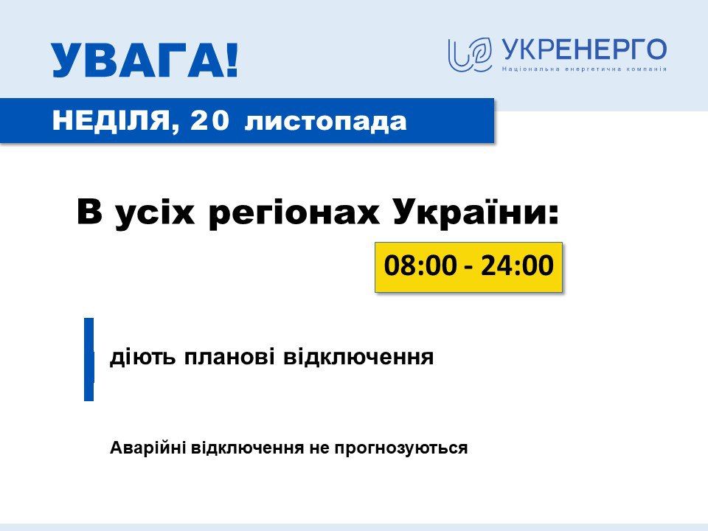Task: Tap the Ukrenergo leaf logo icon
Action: tap(470, 55)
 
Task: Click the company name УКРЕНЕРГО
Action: tap(584, 50)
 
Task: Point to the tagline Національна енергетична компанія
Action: tap(584, 69)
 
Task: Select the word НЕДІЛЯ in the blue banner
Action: tap(111, 121)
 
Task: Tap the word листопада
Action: tap(325, 121)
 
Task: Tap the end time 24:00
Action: tap(517, 266)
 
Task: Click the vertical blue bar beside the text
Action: tap(89, 359)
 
